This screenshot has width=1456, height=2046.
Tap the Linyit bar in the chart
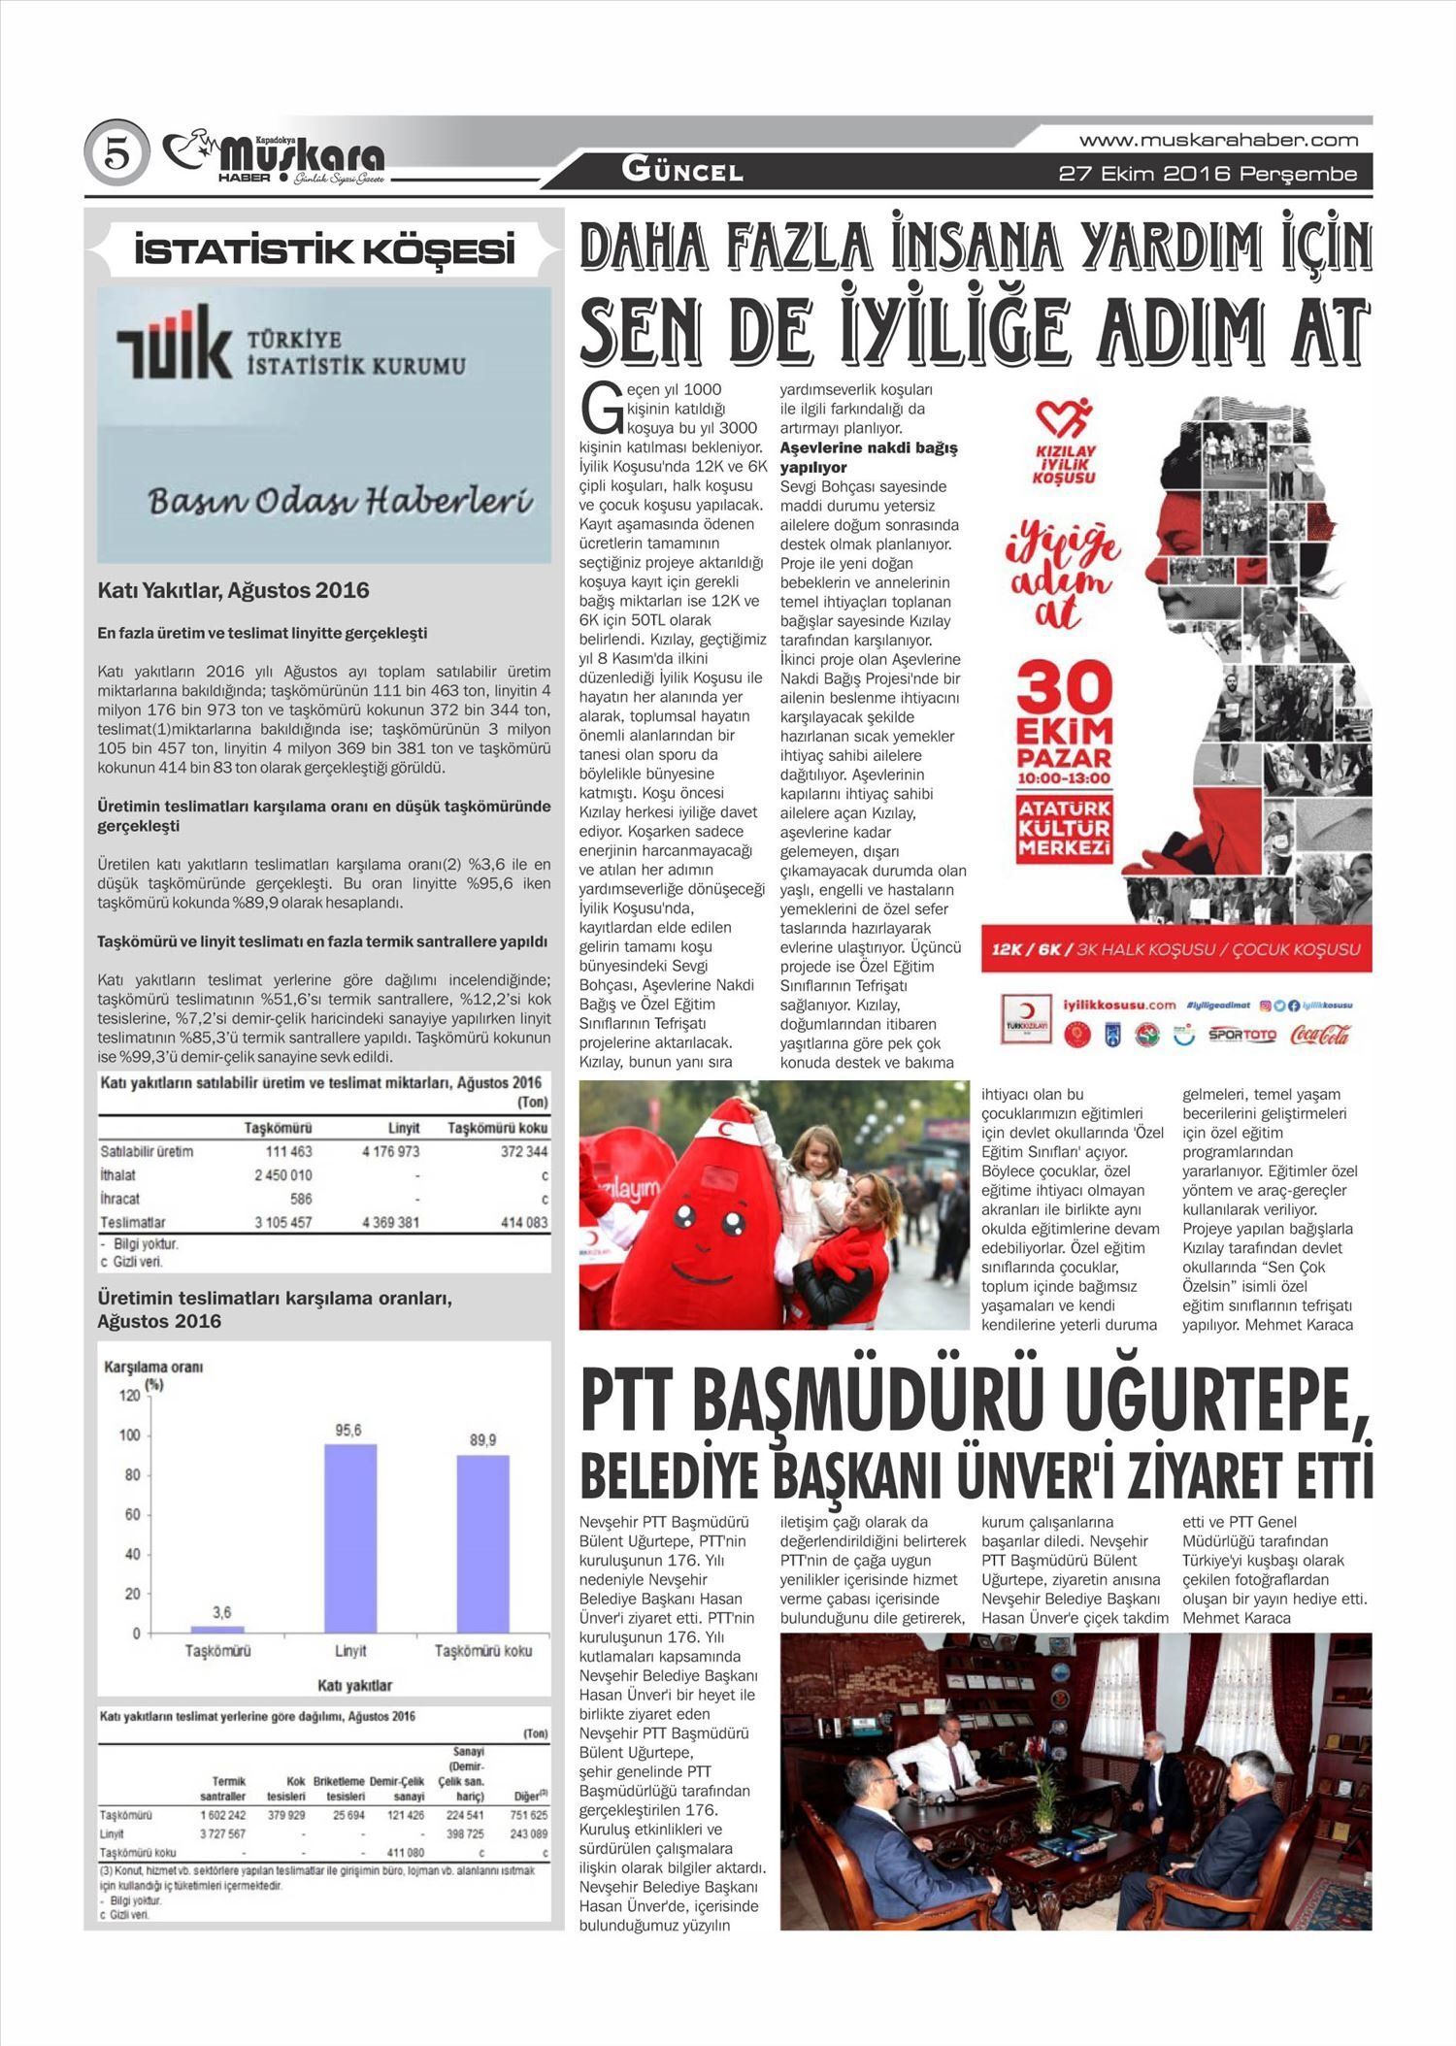tap(350, 1537)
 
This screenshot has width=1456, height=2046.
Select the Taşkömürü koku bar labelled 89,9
tap(482, 1543)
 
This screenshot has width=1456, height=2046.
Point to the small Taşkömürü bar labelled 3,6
tap(217, 1629)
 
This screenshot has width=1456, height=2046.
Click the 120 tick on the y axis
tap(129, 1396)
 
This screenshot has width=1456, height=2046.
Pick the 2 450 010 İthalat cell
tap(282, 1175)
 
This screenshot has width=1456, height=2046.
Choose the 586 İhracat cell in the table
tap(300, 1199)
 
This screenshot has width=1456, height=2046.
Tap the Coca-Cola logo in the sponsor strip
tap(1319, 1035)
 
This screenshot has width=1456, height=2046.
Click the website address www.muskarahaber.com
tap(1218, 140)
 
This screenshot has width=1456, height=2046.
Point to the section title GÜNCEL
tap(682, 172)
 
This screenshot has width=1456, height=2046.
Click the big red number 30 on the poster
tap(1065, 690)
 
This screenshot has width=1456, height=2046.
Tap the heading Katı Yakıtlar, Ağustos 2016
tap(233, 590)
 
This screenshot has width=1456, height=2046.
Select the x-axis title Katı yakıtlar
tap(354, 1685)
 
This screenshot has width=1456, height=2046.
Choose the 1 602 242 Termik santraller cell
tap(222, 1815)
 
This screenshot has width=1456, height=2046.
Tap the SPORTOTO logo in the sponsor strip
tap(1241, 1035)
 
